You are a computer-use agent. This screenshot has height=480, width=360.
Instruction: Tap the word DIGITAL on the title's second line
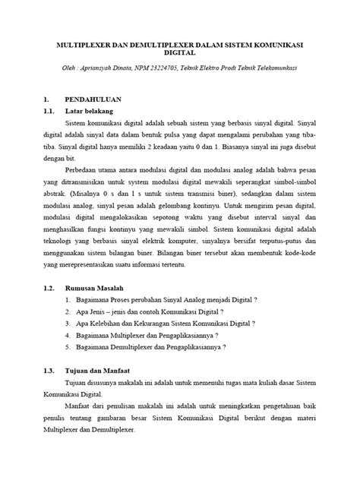tap(180, 54)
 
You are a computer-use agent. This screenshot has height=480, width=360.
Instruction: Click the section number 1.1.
tap(50, 111)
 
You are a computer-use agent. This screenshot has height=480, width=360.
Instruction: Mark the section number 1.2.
tap(50, 289)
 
